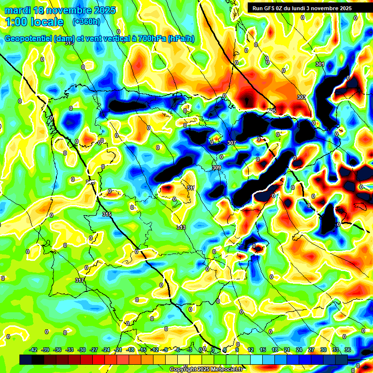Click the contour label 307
click(x=231, y=143)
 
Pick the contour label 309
click(x=216, y=168)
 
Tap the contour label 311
click(x=191, y=188)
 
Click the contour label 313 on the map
click(x=181, y=227)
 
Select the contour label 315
click(x=107, y=214)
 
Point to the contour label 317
click(x=80, y=281)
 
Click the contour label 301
click(x=319, y=65)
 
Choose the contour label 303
click(x=302, y=98)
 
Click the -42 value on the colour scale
click(x=34, y=350)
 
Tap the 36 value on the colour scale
click(x=348, y=350)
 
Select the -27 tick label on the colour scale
click(x=94, y=350)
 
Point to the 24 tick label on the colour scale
click(x=299, y=350)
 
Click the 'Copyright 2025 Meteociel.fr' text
click(x=206, y=369)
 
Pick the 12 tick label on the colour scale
click(x=251, y=350)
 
